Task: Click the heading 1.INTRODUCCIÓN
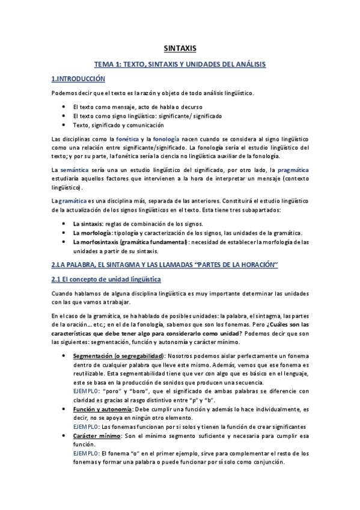[x=78, y=79]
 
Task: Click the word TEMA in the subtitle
[x=106, y=63]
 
